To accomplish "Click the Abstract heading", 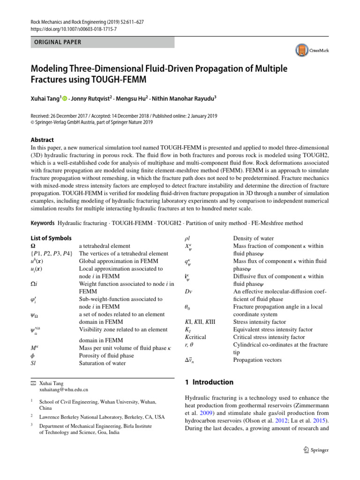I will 42,140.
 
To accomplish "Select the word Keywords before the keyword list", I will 43,223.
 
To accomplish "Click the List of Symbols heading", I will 51,238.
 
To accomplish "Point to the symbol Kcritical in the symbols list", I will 195,337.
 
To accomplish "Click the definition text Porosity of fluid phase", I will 106,356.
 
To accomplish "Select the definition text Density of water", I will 253,239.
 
